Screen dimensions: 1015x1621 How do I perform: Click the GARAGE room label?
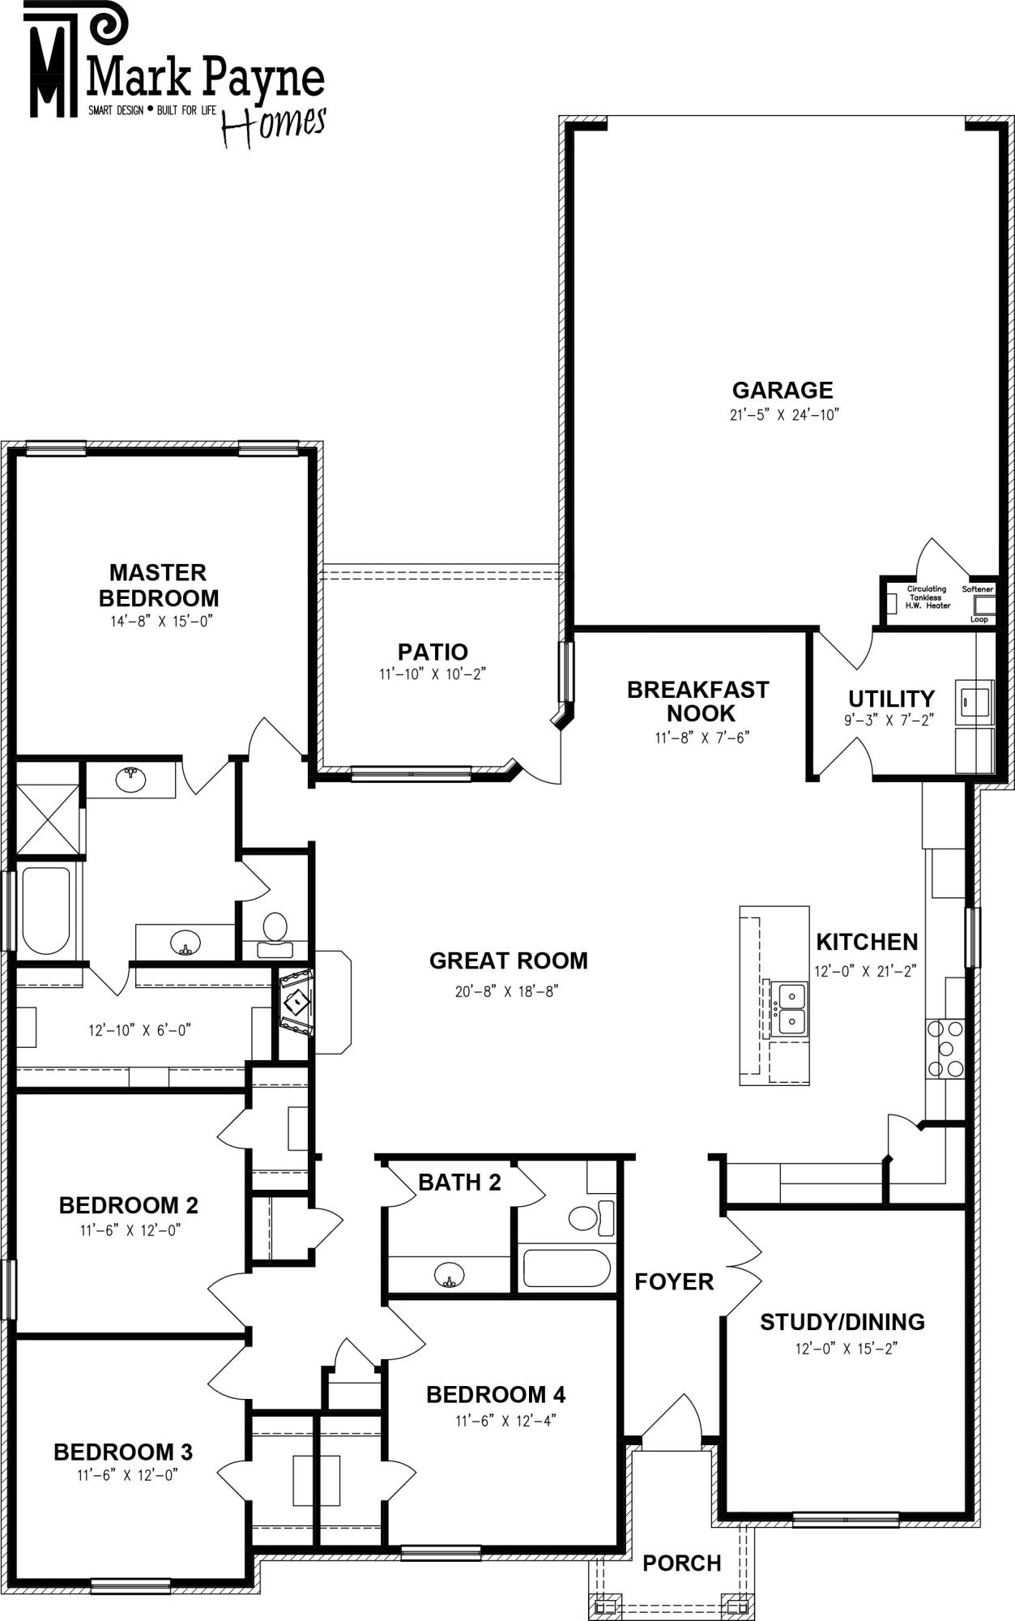pyautogui.click(x=783, y=390)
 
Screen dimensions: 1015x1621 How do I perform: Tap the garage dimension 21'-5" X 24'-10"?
pyautogui.click(x=783, y=415)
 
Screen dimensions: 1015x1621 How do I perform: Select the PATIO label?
pyautogui.click(x=433, y=652)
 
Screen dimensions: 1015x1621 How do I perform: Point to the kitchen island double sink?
pyautogui.click(x=788, y=1008)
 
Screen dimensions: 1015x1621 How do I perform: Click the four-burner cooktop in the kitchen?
pyautogui.click(x=945, y=1049)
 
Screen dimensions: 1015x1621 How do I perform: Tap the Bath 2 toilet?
pyautogui.click(x=591, y=1217)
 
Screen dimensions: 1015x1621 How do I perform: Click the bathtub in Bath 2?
pyautogui.click(x=566, y=1268)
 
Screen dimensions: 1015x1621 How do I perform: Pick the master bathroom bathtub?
pyautogui.click(x=45, y=911)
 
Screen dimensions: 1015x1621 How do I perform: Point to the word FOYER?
pyautogui.click(x=674, y=1281)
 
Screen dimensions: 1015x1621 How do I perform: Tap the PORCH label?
pyautogui.click(x=682, y=1563)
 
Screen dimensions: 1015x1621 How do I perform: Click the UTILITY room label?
pyautogui.click(x=891, y=698)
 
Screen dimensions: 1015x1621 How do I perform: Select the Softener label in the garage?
pyautogui.click(x=978, y=589)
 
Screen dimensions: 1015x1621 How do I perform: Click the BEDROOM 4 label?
pyautogui.click(x=496, y=1394)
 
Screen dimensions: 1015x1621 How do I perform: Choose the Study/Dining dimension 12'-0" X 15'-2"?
pyautogui.click(x=842, y=1349)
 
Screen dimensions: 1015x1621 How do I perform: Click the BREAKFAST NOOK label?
pyautogui.click(x=697, y=701)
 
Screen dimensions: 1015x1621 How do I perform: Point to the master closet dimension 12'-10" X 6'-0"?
pyautogui.click(x=139, y=1030)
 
